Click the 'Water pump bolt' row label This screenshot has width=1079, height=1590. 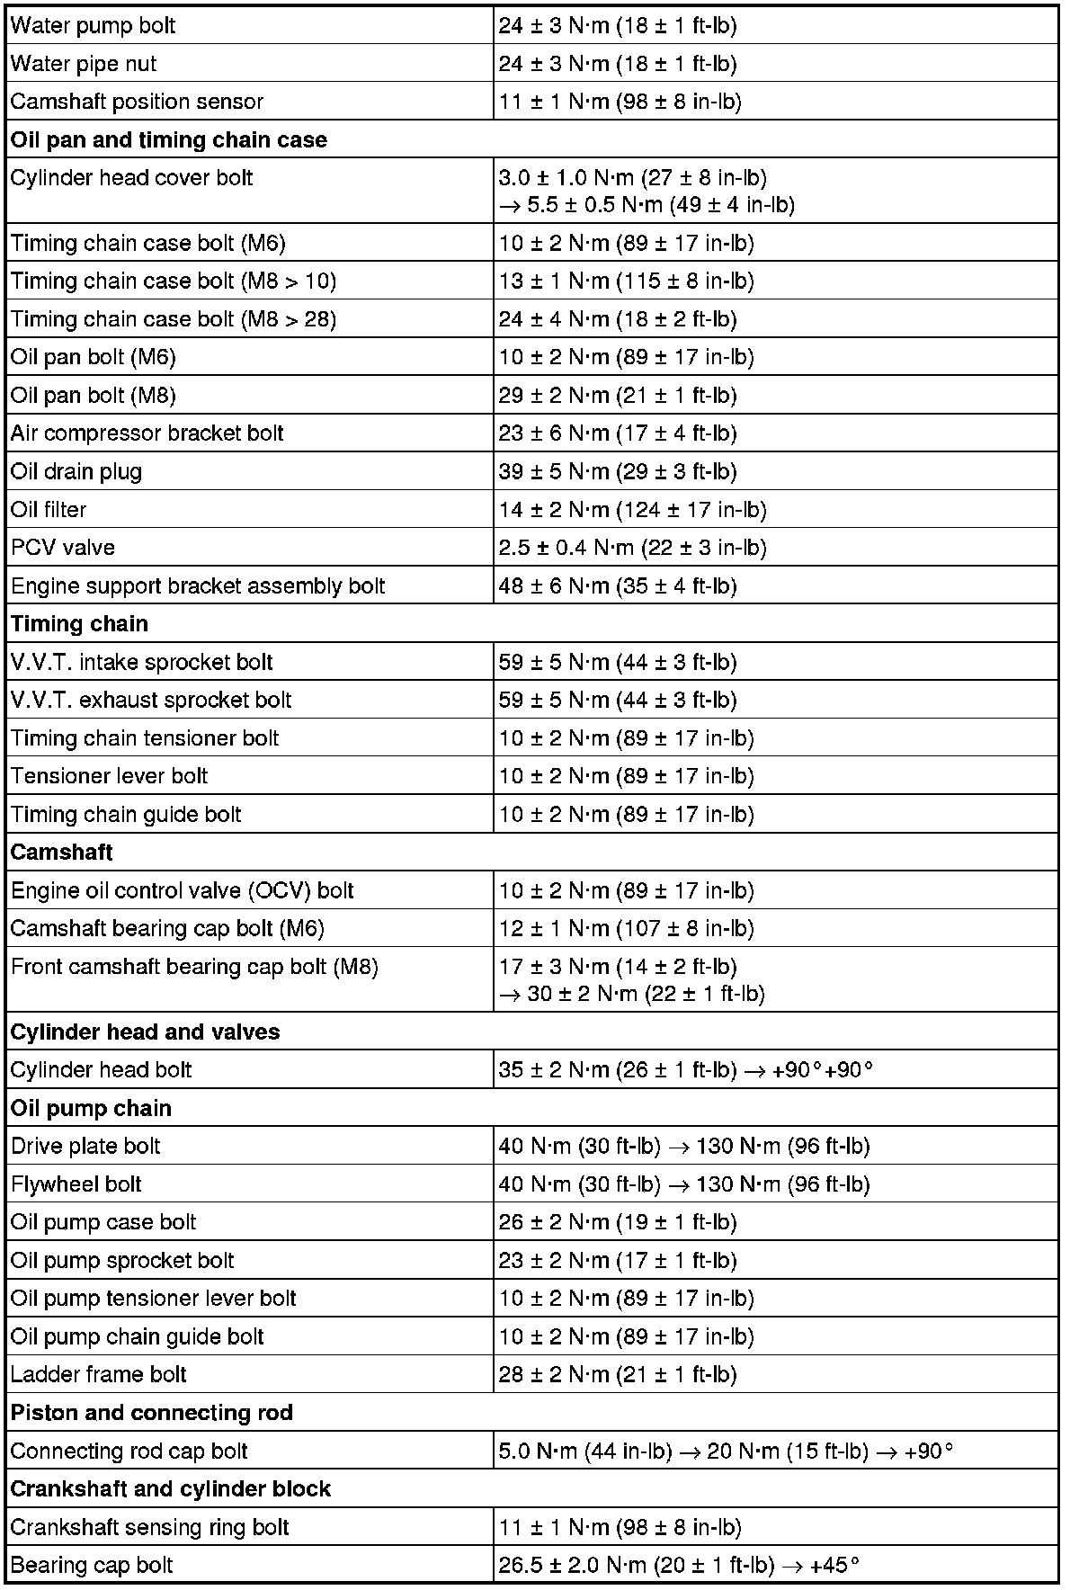click(x=94, y=25)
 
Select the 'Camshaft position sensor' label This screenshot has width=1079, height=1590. click(x=137, y=102)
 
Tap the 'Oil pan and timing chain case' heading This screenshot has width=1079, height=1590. click(x=169, y=140)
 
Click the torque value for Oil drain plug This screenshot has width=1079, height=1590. click(x=618, y=472)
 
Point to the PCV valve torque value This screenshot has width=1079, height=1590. click(x=632, y=548)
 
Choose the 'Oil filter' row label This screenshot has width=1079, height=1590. click(x=49, y=510)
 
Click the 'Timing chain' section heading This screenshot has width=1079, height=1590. click(x=79, y=624)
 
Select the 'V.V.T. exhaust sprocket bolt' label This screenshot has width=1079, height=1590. click(x=151, y=701)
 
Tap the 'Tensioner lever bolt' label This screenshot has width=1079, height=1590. click(x=109, y=776)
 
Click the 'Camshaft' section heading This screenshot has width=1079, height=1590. click(x=62, y=853)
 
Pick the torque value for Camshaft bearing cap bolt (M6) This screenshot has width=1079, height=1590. click(x=626, y=929)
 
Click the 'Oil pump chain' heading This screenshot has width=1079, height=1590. click(x=91, y=1109)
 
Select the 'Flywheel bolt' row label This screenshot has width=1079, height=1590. click(x=76, y=1184)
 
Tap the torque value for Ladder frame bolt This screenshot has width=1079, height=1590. click(x=618, y=1375)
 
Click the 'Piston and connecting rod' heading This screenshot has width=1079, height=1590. click(x=152, y=1413)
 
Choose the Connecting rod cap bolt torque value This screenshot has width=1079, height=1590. click(x=726, y=1452)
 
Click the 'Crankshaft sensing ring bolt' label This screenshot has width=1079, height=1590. click(x=150, y=1527)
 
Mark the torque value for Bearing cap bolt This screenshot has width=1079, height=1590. click(x=679, y=1566)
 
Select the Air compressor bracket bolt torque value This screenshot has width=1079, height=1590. click(x=618, y=433)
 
